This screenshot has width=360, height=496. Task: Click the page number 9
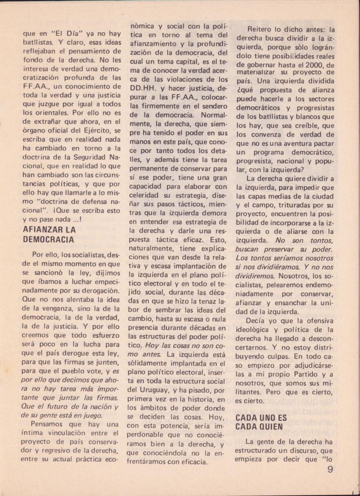coord(330,469)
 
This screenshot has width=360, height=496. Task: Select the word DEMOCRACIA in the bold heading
coord(49,240)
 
